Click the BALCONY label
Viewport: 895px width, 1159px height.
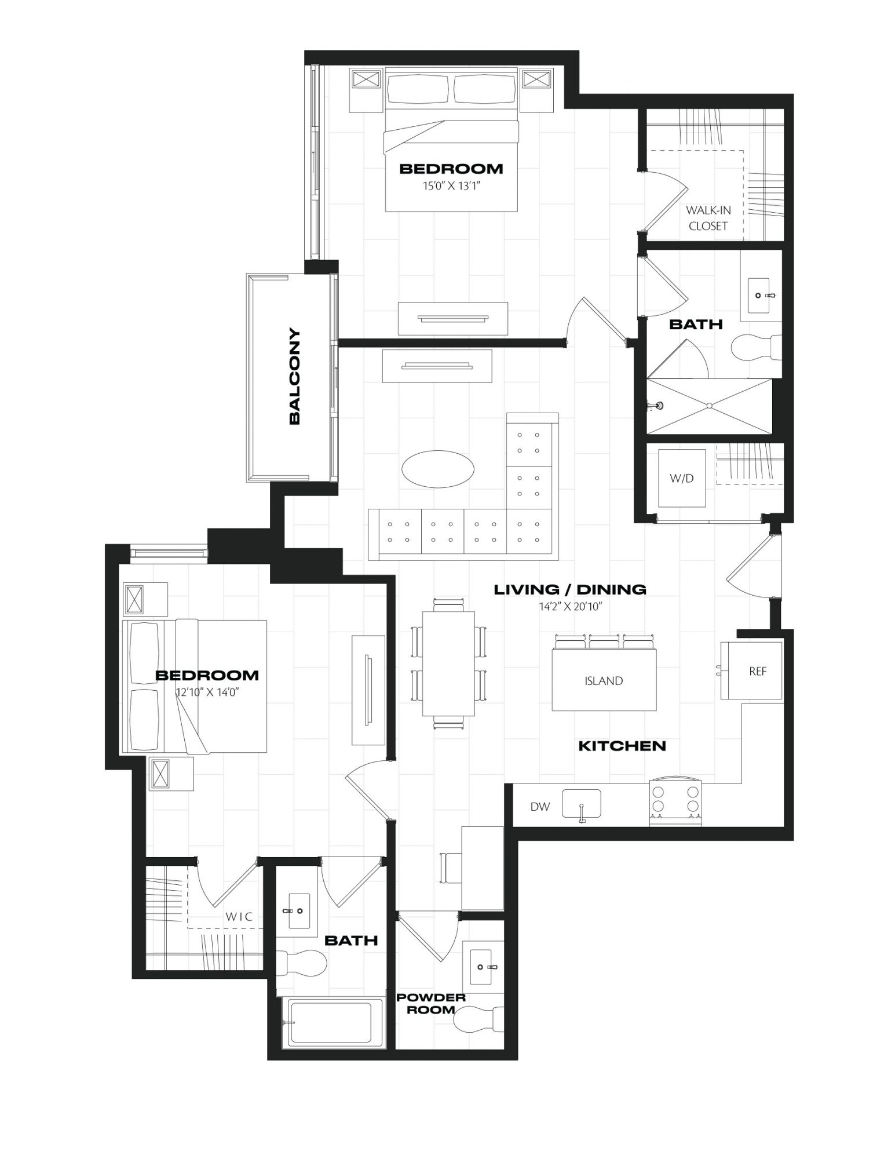point(294,377)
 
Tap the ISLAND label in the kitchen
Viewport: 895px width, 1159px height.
point(604,681)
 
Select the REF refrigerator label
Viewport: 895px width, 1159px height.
point(758,671)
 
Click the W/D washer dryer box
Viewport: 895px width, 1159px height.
point(682,479)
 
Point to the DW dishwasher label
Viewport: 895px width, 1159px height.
point(540,807)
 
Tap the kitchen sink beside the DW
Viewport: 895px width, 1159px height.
point(581,804)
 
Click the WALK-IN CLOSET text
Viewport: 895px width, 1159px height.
point(708,218)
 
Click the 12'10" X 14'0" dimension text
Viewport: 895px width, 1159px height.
point(207,692)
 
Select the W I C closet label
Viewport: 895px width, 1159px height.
point(239,917)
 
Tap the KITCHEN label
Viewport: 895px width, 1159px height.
point(622,746)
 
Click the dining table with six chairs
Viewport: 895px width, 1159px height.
point(449,664)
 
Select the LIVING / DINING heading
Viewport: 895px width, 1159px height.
point(570,590)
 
